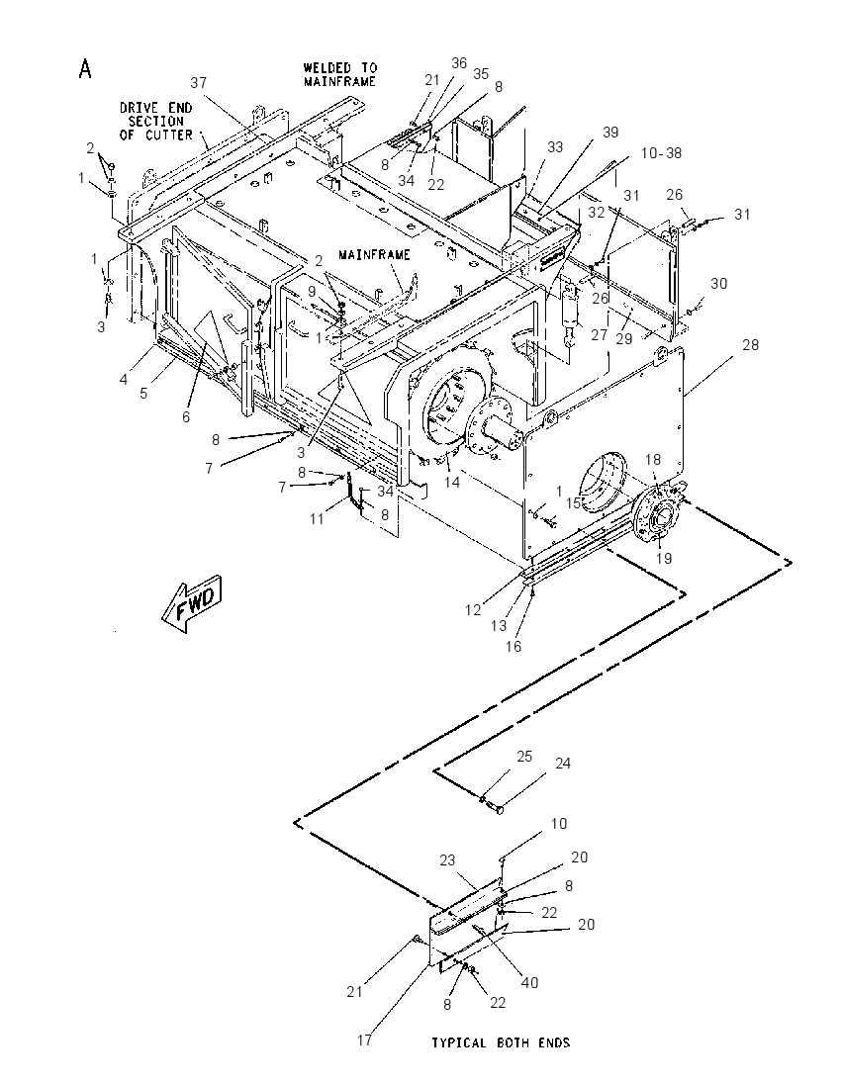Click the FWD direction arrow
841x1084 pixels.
pos(192,603)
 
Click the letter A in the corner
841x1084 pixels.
pos(85,69)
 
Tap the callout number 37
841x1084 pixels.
pos(199,83)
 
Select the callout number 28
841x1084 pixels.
pos(750,344)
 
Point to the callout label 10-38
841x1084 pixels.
pos(661,152)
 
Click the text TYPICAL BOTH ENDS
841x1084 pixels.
pos(501,1042)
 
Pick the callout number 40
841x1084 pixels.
pos(529,982)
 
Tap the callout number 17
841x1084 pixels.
pos(364,1039)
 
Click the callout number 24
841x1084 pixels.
pos(563,764)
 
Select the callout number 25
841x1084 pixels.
pos(524,757)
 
